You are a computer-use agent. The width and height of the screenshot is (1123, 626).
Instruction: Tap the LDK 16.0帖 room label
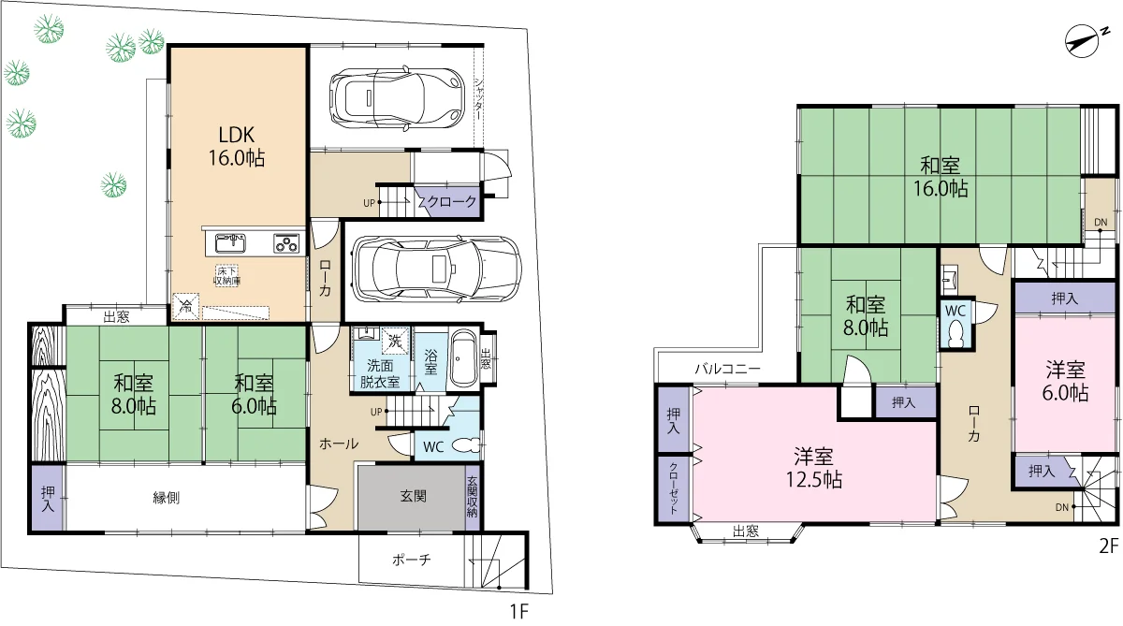pos(237,146)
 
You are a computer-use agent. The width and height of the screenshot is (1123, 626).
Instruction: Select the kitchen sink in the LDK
pos(230,243)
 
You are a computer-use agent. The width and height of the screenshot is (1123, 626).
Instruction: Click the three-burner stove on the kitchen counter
pos(286,243)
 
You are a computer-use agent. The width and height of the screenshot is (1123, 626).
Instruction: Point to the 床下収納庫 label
pos(227,276)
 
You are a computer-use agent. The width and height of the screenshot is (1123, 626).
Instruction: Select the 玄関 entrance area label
pos(413,496)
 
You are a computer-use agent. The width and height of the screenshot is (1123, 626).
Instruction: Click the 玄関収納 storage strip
pos(473,497)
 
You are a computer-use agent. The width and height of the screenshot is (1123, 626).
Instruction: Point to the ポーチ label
pos(411,560)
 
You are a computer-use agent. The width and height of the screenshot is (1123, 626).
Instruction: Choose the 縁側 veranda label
pos(167,498)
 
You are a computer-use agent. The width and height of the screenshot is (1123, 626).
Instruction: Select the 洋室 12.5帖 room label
pos(813,468)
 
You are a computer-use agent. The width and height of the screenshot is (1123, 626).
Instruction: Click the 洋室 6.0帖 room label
pos(1065,382)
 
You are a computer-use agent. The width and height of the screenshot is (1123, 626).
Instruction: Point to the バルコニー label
pos(727,370)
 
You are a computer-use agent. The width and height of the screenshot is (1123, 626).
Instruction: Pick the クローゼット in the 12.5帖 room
pos(673,488)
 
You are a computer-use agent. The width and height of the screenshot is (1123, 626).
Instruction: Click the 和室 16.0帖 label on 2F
pos(940,177)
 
